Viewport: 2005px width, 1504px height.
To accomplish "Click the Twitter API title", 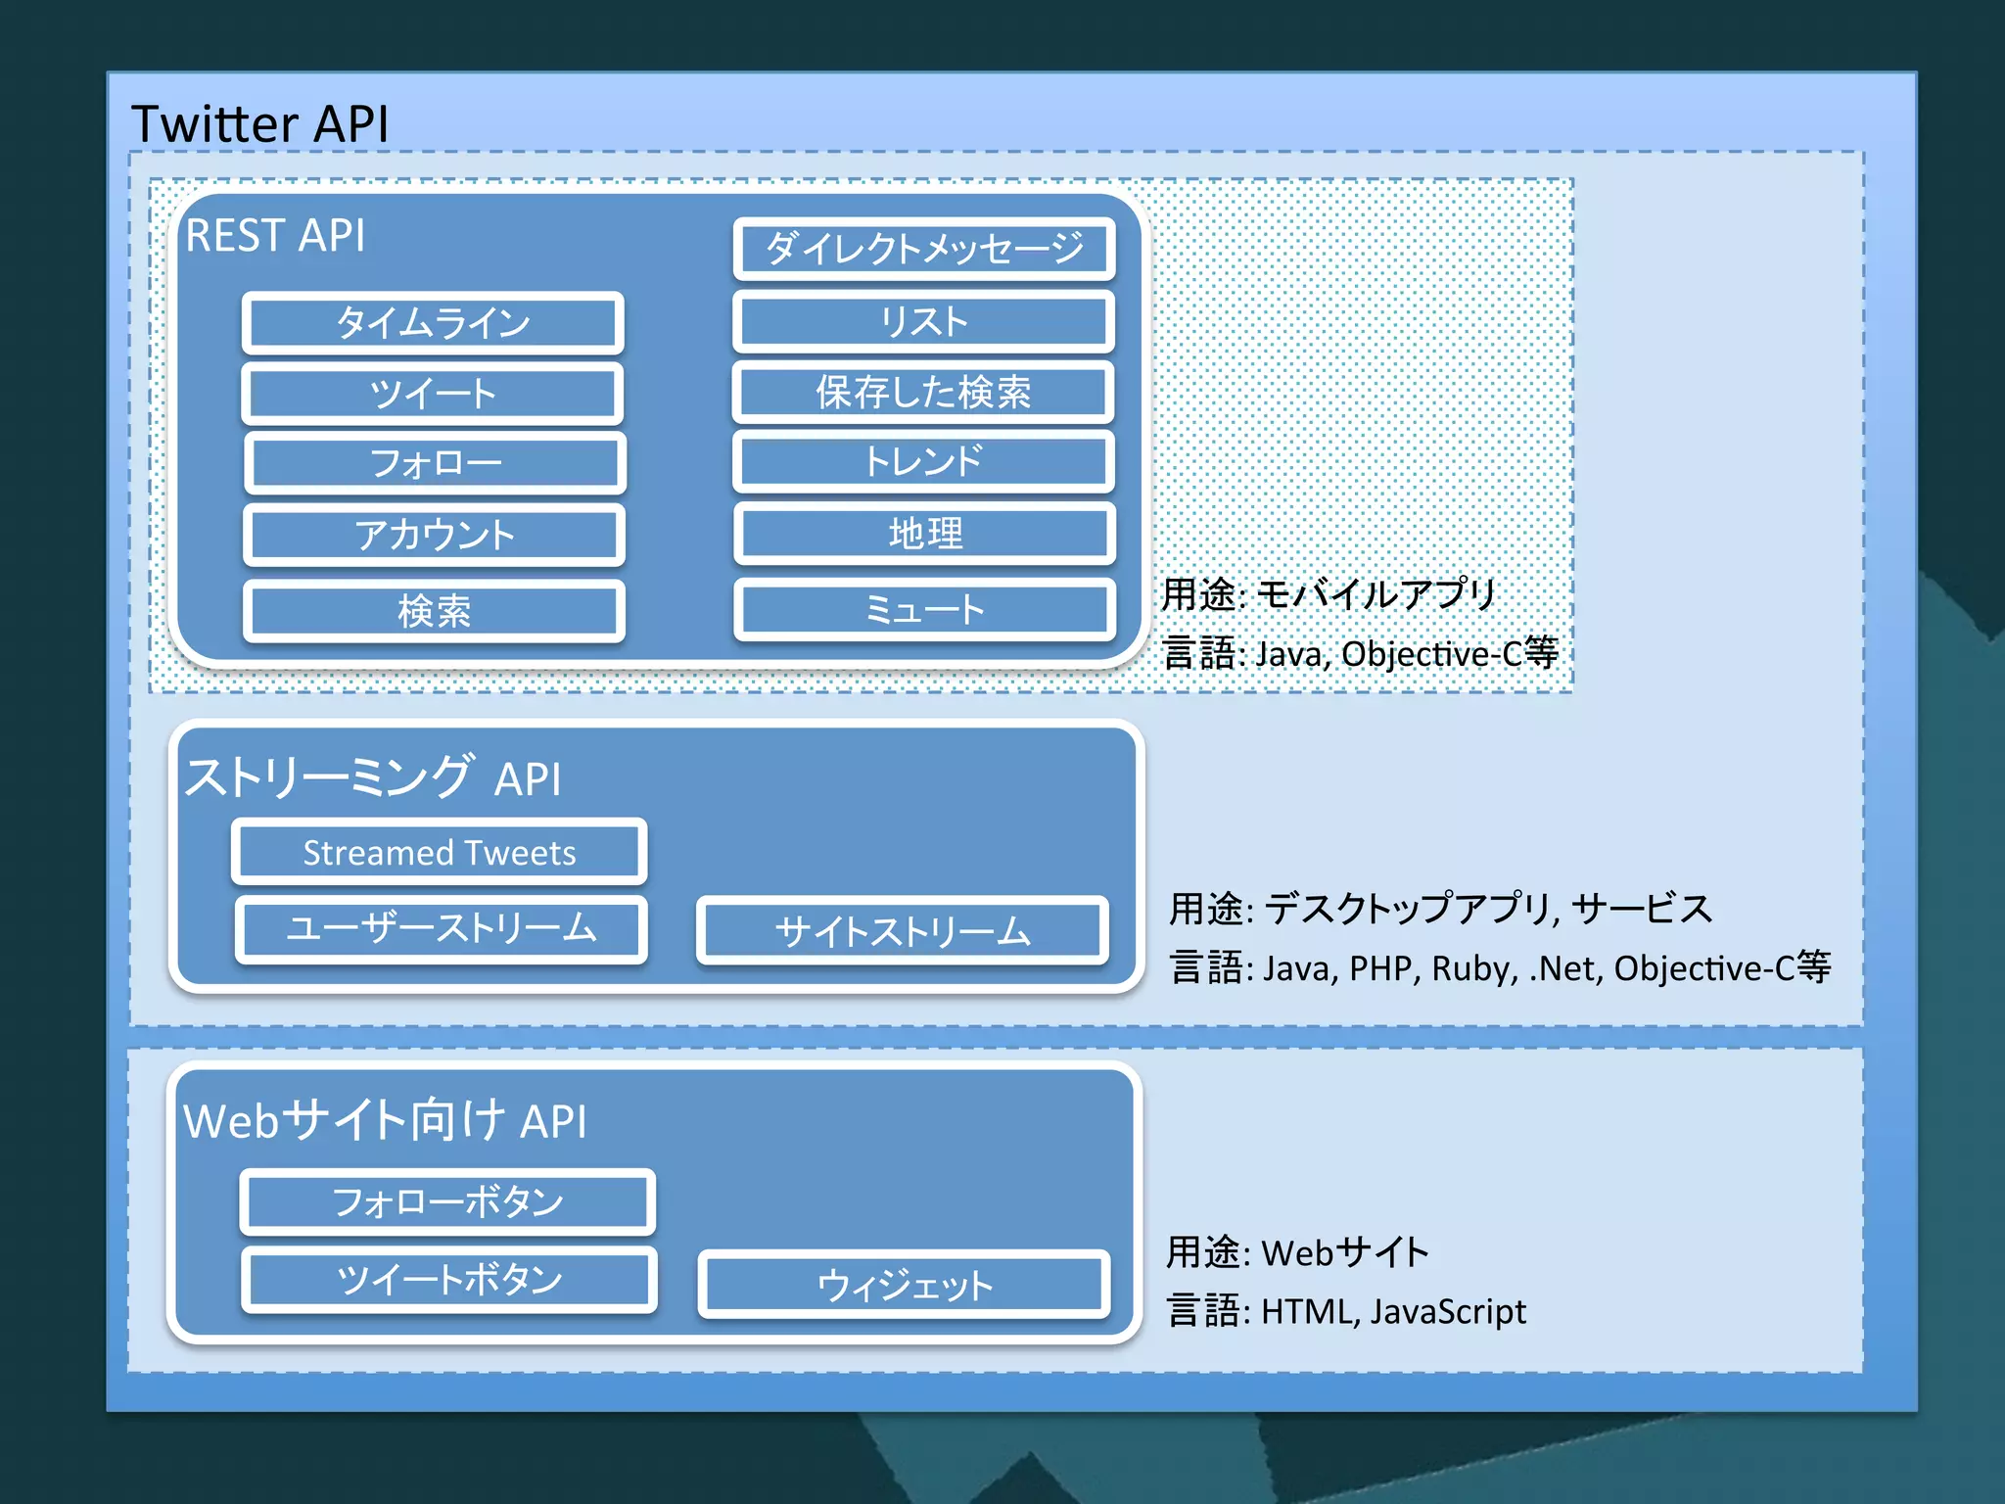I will tap(259, 124).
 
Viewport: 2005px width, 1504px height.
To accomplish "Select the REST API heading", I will tap(275, 236).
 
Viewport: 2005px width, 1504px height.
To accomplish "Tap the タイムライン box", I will tap(433, 323).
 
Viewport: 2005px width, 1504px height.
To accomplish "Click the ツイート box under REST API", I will tap(433, 394).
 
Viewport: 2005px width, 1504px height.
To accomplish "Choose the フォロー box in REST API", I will tap(435, 463).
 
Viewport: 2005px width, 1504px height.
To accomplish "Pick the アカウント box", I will tap(434, 535).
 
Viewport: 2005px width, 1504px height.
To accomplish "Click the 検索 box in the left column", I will tap(434, 611).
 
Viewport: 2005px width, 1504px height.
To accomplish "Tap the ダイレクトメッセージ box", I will tap(924, 249).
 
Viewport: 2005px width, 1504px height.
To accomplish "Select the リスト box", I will tap(924, 321).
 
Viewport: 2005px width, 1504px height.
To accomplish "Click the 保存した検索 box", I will tap(923, 393).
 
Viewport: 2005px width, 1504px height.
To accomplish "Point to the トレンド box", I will tap(923, 461).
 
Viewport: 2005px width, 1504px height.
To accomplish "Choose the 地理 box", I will tap(925, 534).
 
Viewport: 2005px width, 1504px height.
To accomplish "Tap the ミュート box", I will tap(925, 610).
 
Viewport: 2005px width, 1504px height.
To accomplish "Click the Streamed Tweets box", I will tap(440, 852).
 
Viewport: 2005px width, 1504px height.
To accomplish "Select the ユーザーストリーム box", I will tap(441, 928).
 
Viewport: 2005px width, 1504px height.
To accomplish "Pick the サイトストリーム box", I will tap(902, 931).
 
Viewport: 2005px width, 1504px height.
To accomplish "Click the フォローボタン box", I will tap(447, 1201).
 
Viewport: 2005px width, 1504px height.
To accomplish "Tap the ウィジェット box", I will tap(904, 1285).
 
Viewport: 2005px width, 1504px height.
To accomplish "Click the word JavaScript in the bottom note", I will tap(1448, 1312).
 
